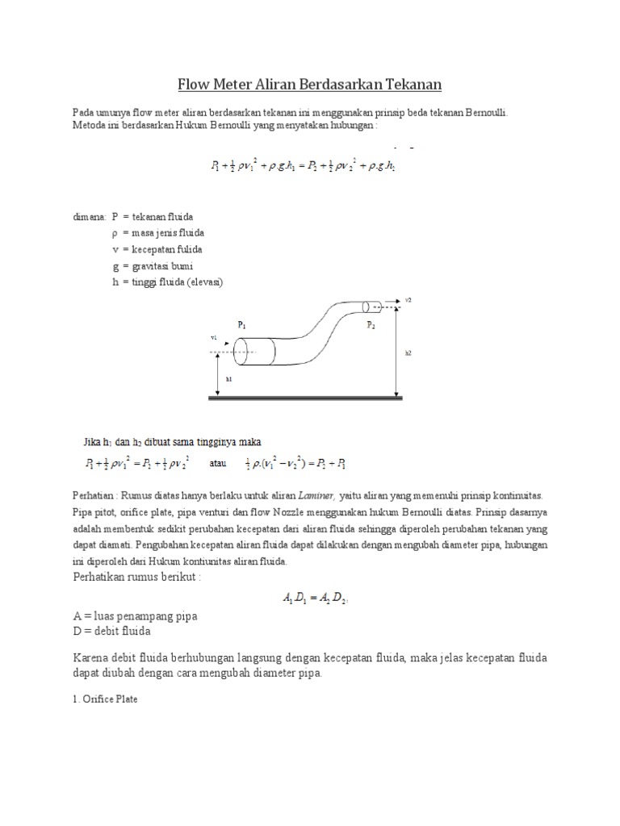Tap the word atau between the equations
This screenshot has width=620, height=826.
pos(219,463)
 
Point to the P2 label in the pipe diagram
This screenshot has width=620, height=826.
pos(371,325)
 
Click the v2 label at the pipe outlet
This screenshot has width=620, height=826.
pos(408,299)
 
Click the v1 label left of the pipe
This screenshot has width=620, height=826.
pos(213,338)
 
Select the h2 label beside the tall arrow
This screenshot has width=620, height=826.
pos(408,353)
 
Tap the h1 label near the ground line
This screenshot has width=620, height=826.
pos(228,378)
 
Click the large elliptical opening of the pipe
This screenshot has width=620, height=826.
pos(249,352)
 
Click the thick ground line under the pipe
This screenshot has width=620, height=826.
pos(307,397)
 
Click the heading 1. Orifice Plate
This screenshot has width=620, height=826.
pos(105,699)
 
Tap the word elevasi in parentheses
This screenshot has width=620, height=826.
pos(204,282)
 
